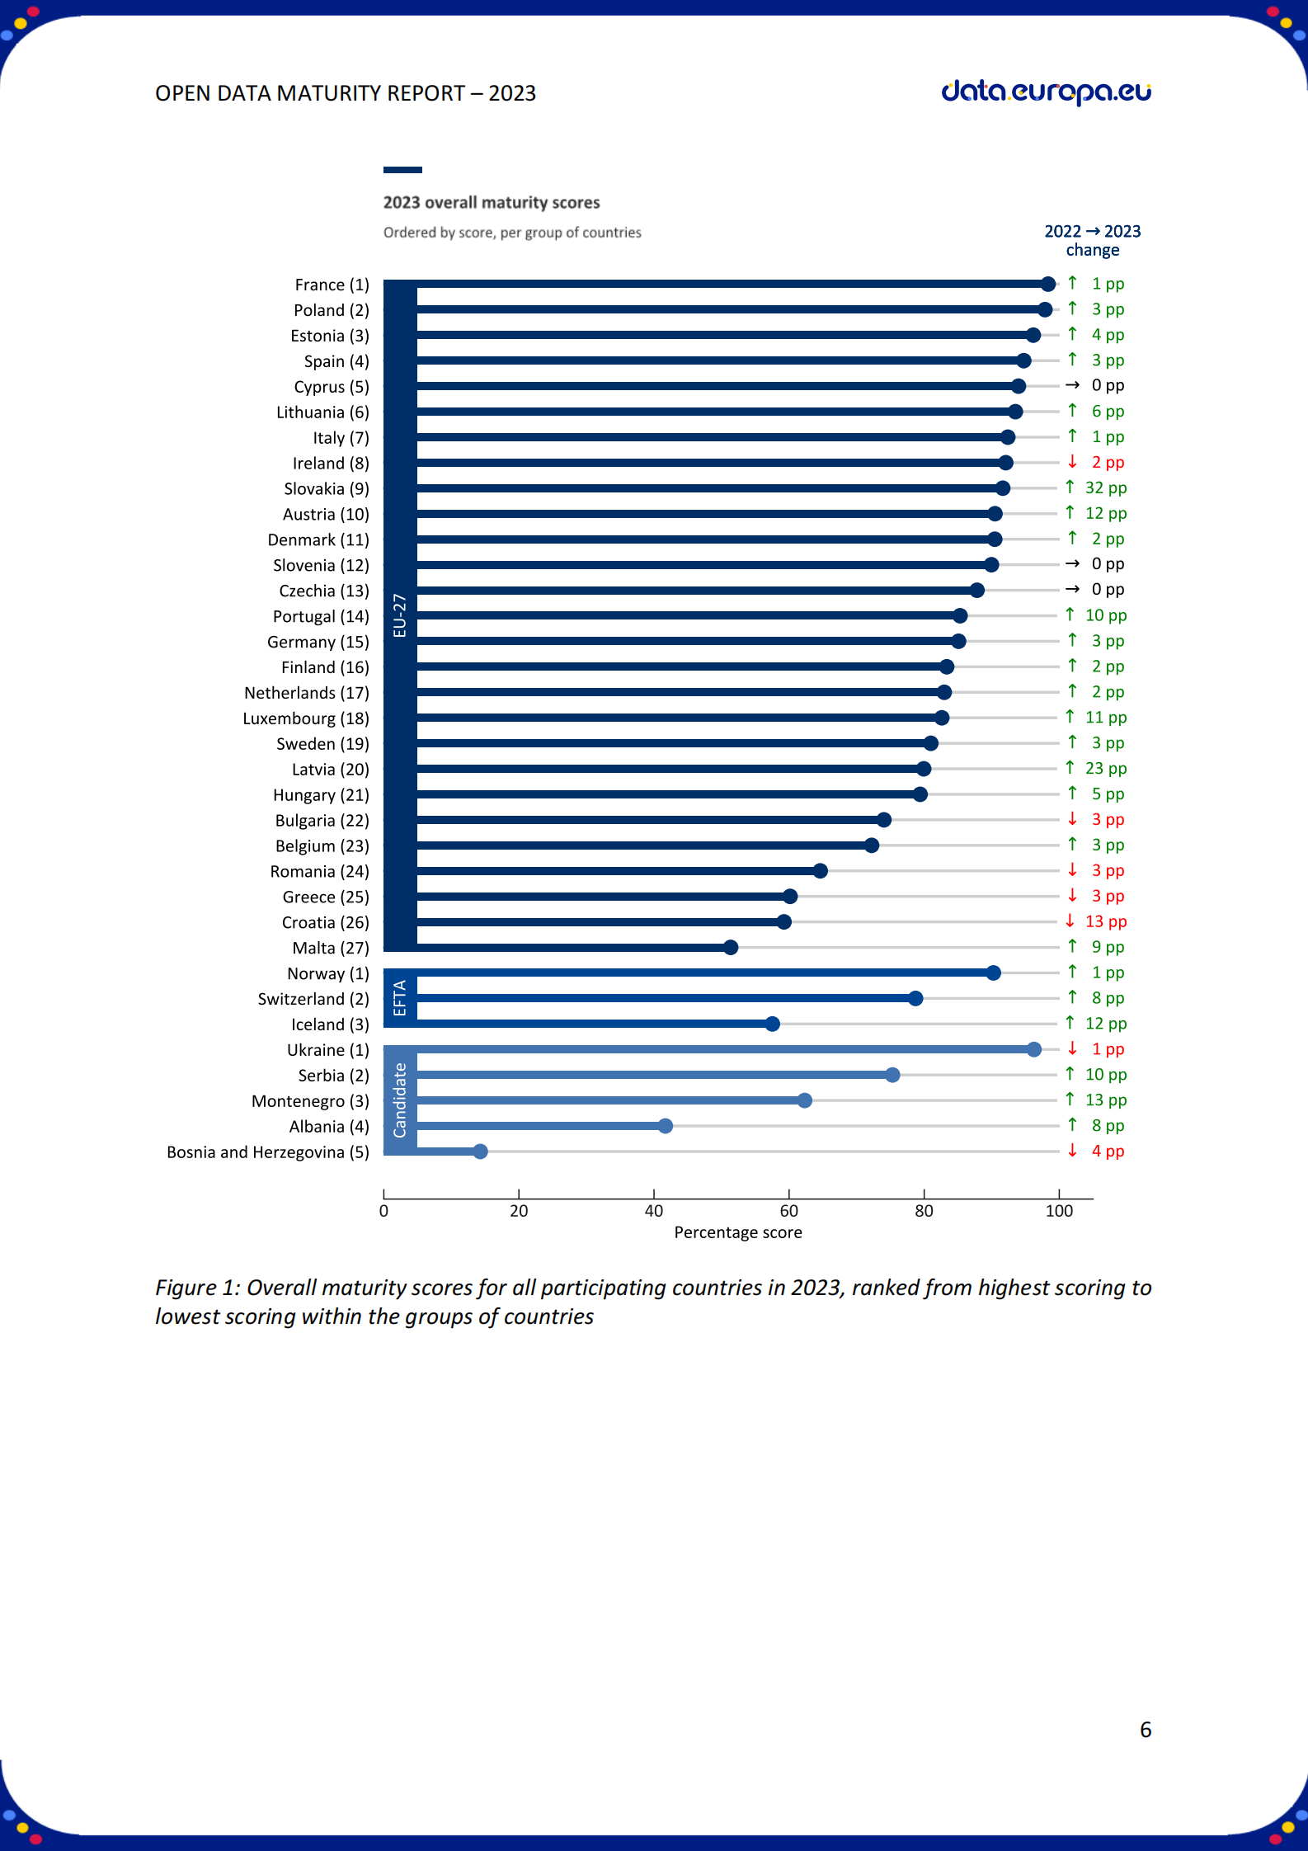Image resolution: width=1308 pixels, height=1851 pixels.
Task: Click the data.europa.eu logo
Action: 1046,92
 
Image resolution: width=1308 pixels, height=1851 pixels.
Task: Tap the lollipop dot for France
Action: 1048,285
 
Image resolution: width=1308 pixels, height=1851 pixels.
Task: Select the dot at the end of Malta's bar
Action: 731,947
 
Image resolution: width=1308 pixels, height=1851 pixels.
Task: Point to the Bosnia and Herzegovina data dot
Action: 481,1152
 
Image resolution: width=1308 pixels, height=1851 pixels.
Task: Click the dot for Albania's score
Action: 666,1126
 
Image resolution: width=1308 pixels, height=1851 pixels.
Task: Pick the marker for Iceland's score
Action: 773,1024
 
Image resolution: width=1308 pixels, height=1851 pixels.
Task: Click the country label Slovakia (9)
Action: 327,489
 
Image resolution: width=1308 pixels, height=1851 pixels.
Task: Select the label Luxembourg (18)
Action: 306,718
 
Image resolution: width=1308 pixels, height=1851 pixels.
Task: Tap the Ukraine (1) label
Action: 327,1050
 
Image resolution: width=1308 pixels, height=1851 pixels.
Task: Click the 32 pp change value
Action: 1105,487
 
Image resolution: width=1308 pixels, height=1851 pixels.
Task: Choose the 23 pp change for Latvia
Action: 1105,769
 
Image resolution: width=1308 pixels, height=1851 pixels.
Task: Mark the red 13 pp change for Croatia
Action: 1105,921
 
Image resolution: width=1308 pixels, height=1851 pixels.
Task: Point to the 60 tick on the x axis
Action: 788,1211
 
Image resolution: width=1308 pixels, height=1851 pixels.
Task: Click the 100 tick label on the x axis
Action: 1059,1211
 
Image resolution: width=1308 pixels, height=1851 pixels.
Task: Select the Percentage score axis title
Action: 738,1232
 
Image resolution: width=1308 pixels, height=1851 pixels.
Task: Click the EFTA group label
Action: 400,998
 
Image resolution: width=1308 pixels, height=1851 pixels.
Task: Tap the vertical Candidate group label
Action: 400,1100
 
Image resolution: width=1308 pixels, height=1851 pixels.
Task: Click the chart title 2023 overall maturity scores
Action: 492,203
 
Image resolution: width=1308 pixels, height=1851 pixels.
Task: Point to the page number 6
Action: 1146,1730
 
